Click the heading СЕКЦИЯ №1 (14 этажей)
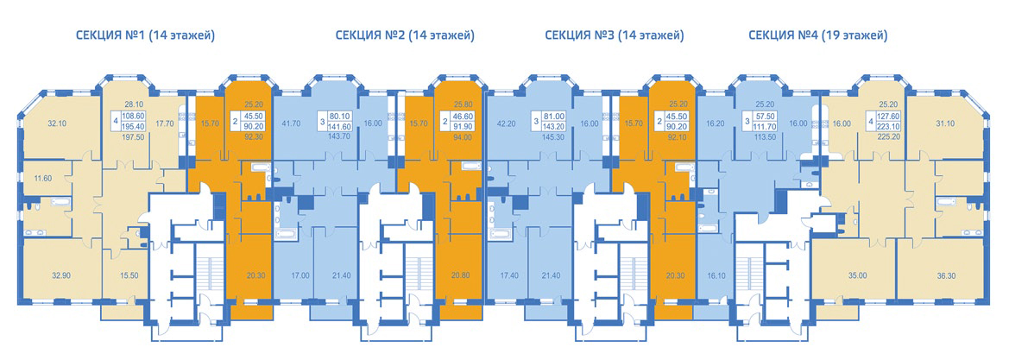(145, 35)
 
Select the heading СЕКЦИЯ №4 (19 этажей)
(818, 35)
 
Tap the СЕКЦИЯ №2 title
(405, 35)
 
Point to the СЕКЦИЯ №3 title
(613, 35)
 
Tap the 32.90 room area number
(62, 275)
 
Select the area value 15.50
(129, 275)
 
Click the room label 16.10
(715, 275)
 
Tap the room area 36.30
(936, 275)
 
